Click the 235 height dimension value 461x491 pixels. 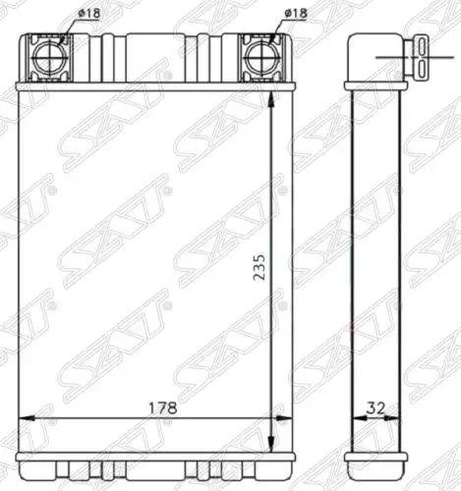click(259, 267)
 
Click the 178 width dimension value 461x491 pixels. click(163, 408)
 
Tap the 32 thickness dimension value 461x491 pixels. click(375, 408)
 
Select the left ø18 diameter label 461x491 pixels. click(88, 14)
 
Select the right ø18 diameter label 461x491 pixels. click(296, 13)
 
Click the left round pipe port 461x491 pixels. click(50, 58)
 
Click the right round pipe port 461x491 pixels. click(261, 58)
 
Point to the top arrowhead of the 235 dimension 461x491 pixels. click(271, 99)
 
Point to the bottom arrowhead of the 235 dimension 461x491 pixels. click(271, 444)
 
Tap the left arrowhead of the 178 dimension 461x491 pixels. click(28, 418)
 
